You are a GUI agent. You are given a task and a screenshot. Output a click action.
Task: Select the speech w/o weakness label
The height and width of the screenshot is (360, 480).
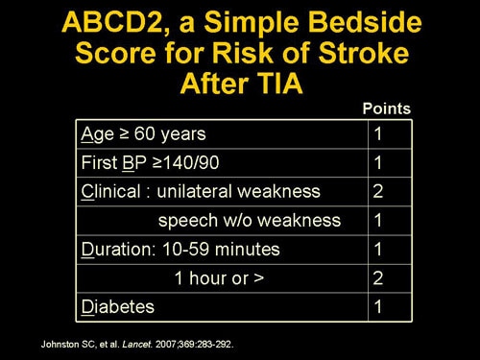click(x=249, y=220)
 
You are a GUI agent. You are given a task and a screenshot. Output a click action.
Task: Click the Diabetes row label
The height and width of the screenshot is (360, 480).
click(x=119, y=307)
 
